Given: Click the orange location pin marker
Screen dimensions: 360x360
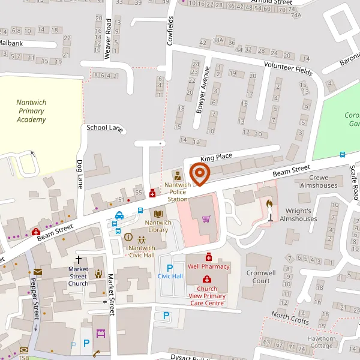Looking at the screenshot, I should tap(199, 174).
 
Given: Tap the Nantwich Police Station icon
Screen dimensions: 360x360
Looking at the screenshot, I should tap(177, 176).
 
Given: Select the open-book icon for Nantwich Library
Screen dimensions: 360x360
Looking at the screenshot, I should tap(159, 214).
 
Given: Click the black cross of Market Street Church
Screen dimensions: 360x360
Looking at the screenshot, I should tap(78, 259).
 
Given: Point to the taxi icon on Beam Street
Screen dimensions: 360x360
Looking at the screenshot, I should tap(119, 215).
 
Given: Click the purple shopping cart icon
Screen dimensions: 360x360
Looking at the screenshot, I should tap(206, 218).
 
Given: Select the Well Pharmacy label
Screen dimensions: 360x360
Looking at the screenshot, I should tap(209, 266).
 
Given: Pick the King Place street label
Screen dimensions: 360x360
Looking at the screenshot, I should tap(216, 157).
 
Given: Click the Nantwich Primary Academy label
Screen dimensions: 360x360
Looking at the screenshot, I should tap(31, 111).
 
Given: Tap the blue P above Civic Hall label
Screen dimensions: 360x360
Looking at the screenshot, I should tap(170, 267).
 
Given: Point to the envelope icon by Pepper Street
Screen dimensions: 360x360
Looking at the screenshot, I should tap(38, 272).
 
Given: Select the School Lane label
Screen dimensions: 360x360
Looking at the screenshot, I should tap(105, 127).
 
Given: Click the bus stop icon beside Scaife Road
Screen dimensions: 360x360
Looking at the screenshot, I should tap(342, 154).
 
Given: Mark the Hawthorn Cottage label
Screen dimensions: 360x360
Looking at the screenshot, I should tap(322, 342).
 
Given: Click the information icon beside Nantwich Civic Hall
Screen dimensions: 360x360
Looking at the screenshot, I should tap(128, 237).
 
